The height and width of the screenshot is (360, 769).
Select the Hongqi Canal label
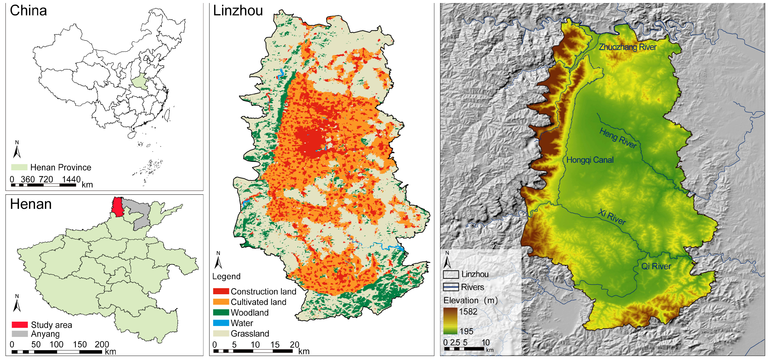pos(590,160)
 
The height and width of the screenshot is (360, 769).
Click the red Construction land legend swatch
pos(221,291)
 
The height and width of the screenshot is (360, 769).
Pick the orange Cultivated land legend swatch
pos(221,302)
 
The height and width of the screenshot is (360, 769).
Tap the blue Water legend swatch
pos(221,323)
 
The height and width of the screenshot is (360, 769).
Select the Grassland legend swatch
pos(221,333)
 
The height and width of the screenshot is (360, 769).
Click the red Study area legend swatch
pos(20,325)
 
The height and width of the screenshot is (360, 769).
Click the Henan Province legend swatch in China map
pos(19,167)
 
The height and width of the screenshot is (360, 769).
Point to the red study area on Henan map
pos(118,207)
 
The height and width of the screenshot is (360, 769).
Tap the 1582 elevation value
pos(468,312)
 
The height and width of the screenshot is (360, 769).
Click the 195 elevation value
pos(466,331)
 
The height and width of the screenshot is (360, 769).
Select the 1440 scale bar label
pos(71,179)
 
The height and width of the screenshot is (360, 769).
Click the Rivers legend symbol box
pos(451,287)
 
